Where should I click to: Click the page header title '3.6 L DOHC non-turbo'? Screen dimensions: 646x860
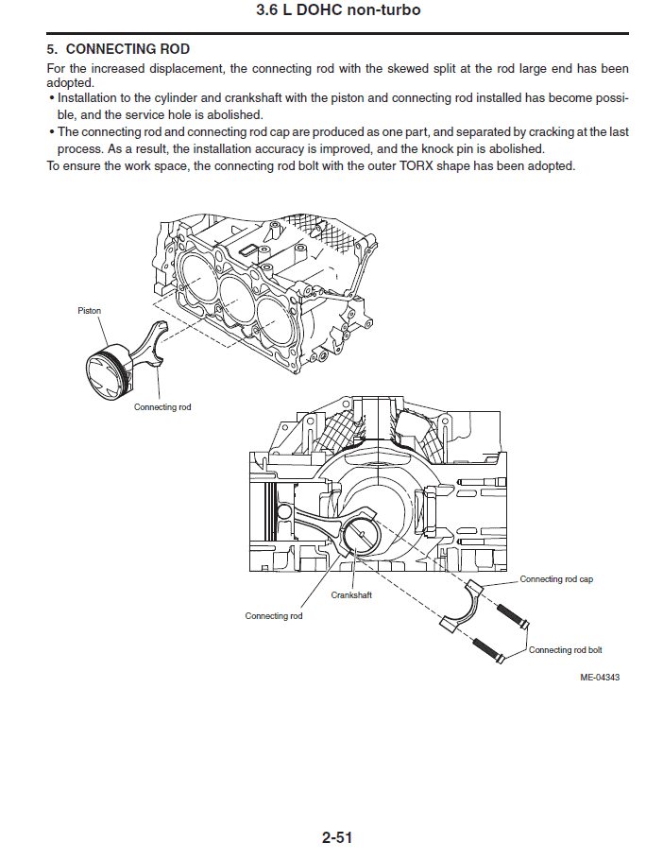[x=338, y=9]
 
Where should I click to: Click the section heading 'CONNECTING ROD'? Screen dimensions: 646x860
[x=127, y=49]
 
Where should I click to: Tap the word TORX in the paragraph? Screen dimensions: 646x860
[x=416, y=166]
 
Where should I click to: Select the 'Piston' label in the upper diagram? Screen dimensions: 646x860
[x=90, y=311]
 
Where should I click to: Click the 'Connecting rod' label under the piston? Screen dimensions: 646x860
[x=162, y=407]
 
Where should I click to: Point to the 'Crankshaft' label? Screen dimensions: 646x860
[x=351, y=595]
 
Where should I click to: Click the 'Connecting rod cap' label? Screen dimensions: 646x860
[x=556, y=579]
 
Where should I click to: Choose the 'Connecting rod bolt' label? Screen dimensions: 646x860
[x=566, y=650]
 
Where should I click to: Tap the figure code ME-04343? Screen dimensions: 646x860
[x=600, y=678]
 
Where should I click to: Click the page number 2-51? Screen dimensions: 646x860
[x=337, y=837]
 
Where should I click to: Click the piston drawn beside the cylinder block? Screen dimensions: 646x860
[x=109, y=371]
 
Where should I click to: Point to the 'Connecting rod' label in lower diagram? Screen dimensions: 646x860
[x=273, y=616]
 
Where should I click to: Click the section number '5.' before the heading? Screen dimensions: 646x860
[x=52, y=49]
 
